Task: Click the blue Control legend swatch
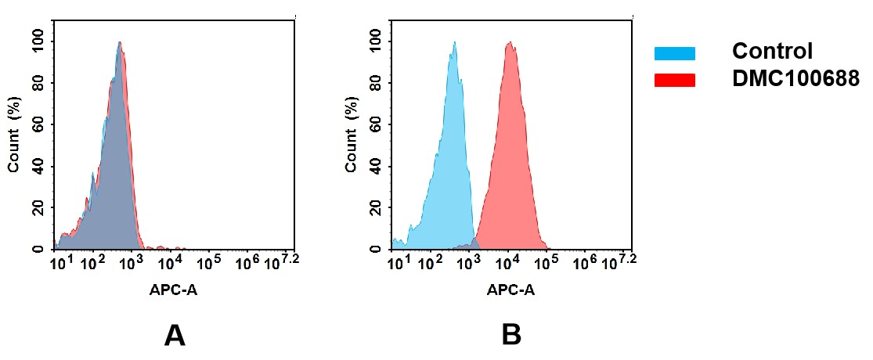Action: pyautogui.click(x=674, y=53)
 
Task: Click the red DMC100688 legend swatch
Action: pyautogui.click(x=674, y=79)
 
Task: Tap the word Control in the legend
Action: pyautogui.click(x=772, y=52)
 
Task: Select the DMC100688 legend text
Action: pyautogui.click(x=795, y=78)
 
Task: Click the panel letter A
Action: pyautogui.click(x=175, y=335)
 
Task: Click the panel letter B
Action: pyautogui.click(x=511, y=335)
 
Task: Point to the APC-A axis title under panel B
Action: pyautogui.click(x=510, y=290)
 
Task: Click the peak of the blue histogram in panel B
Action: pyautogui.click(x=453, y=44)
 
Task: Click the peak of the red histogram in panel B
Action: pyautogui.click(x=509, y=45)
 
